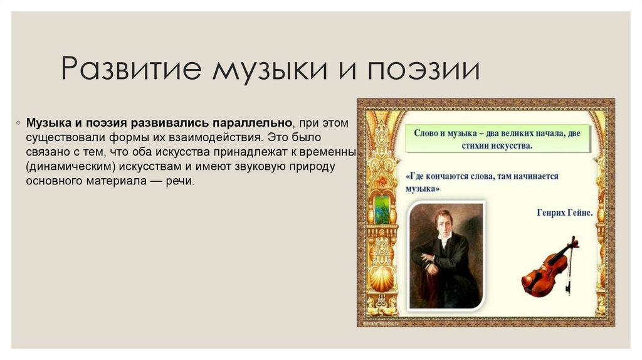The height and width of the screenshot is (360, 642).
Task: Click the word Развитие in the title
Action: pyautogui.click(x=129, y=69)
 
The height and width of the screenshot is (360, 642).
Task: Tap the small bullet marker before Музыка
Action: pyautogui.click(x=19, y=122)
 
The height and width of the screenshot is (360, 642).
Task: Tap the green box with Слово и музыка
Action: pyautogui.click(x=497, y=139)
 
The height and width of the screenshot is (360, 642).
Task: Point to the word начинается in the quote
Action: pyautogui.click(x=532, y=177)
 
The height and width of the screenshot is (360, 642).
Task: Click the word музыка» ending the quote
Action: pyautogui.click(x=423, y=188)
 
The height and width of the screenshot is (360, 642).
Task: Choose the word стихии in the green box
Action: pyautogui.click(x=468, y=146)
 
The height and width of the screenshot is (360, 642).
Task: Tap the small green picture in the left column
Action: pyautogui.click(x=382, y=209)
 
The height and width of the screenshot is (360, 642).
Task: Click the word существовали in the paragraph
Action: pyautogui.click(x=60, y=136)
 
